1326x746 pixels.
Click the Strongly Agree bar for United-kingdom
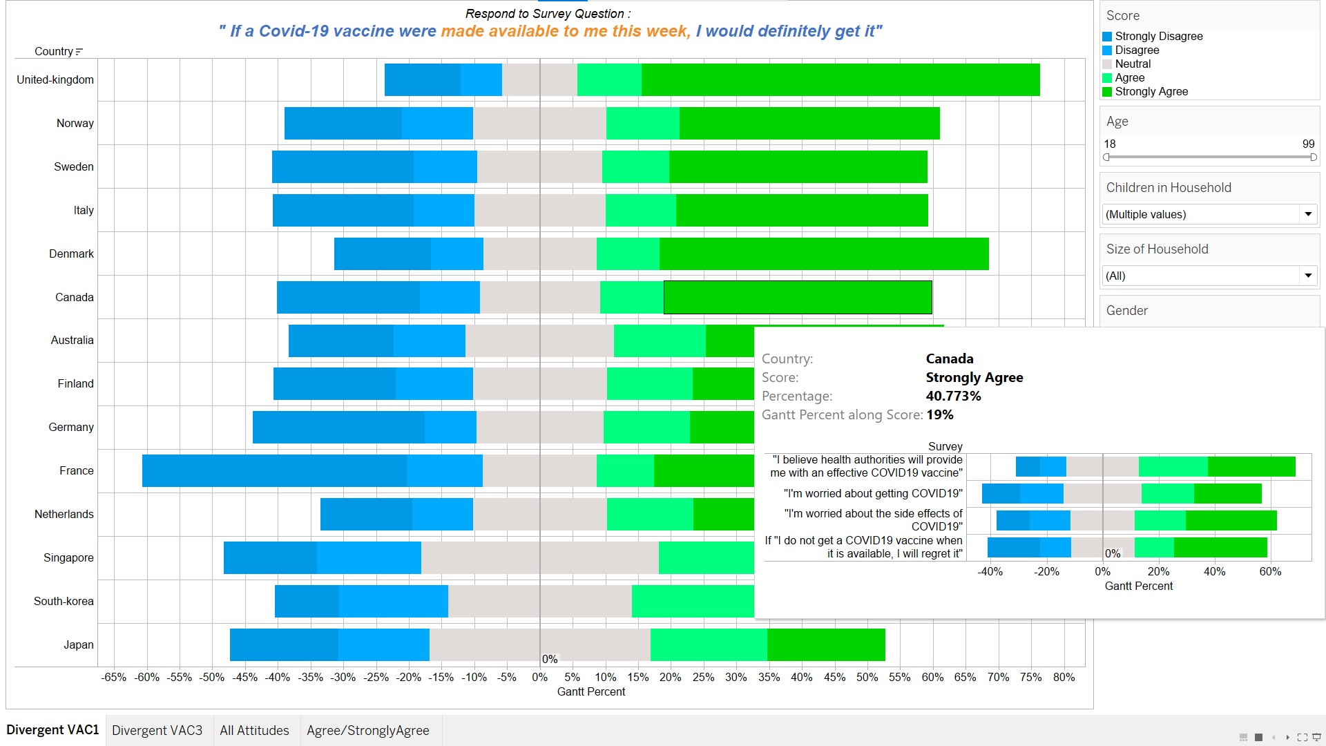coord(840,79)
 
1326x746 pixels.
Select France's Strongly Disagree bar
coord(274,470)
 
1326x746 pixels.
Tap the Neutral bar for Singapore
coord(539,557)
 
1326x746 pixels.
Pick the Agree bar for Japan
coord(709,644)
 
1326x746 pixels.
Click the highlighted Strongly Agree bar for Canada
coord(798,297)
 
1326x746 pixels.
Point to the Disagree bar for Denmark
coord(457,254)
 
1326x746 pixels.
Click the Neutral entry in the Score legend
coord(1133,64)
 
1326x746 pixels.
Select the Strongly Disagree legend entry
coord(1158,36)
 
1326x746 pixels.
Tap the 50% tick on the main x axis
coord(867,677)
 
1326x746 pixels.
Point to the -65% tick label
coord(114,677)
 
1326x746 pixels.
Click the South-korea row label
coord(64,601)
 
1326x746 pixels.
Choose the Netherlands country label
coord(64,514)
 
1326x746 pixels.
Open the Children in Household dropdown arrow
coord(1308,214)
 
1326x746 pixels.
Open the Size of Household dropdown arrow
coord(1308,276)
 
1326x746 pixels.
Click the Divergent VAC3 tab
coord(157,730)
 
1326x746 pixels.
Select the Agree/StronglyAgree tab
coord(367,730)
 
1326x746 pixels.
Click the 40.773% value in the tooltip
coord(953,396)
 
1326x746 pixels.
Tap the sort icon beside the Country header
coord(79,52)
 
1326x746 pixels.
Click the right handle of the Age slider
coord(1313,157)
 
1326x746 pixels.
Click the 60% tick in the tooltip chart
coord(1270,571)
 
